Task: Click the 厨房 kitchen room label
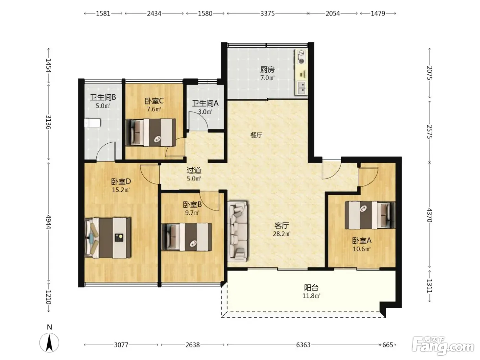267,70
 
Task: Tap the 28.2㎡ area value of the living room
282,234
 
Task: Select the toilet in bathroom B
93,123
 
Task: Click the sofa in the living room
238,231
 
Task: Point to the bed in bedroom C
151,132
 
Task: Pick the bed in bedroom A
370,215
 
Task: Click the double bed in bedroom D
108,238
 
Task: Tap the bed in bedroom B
187,237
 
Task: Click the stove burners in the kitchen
301,57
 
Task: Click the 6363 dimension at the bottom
303,345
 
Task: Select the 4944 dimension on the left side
49,222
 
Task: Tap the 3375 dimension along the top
267,14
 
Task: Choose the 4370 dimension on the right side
430,215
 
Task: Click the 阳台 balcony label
311,288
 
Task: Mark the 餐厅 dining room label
256,135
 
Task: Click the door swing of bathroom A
198,120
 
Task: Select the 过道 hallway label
194,170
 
